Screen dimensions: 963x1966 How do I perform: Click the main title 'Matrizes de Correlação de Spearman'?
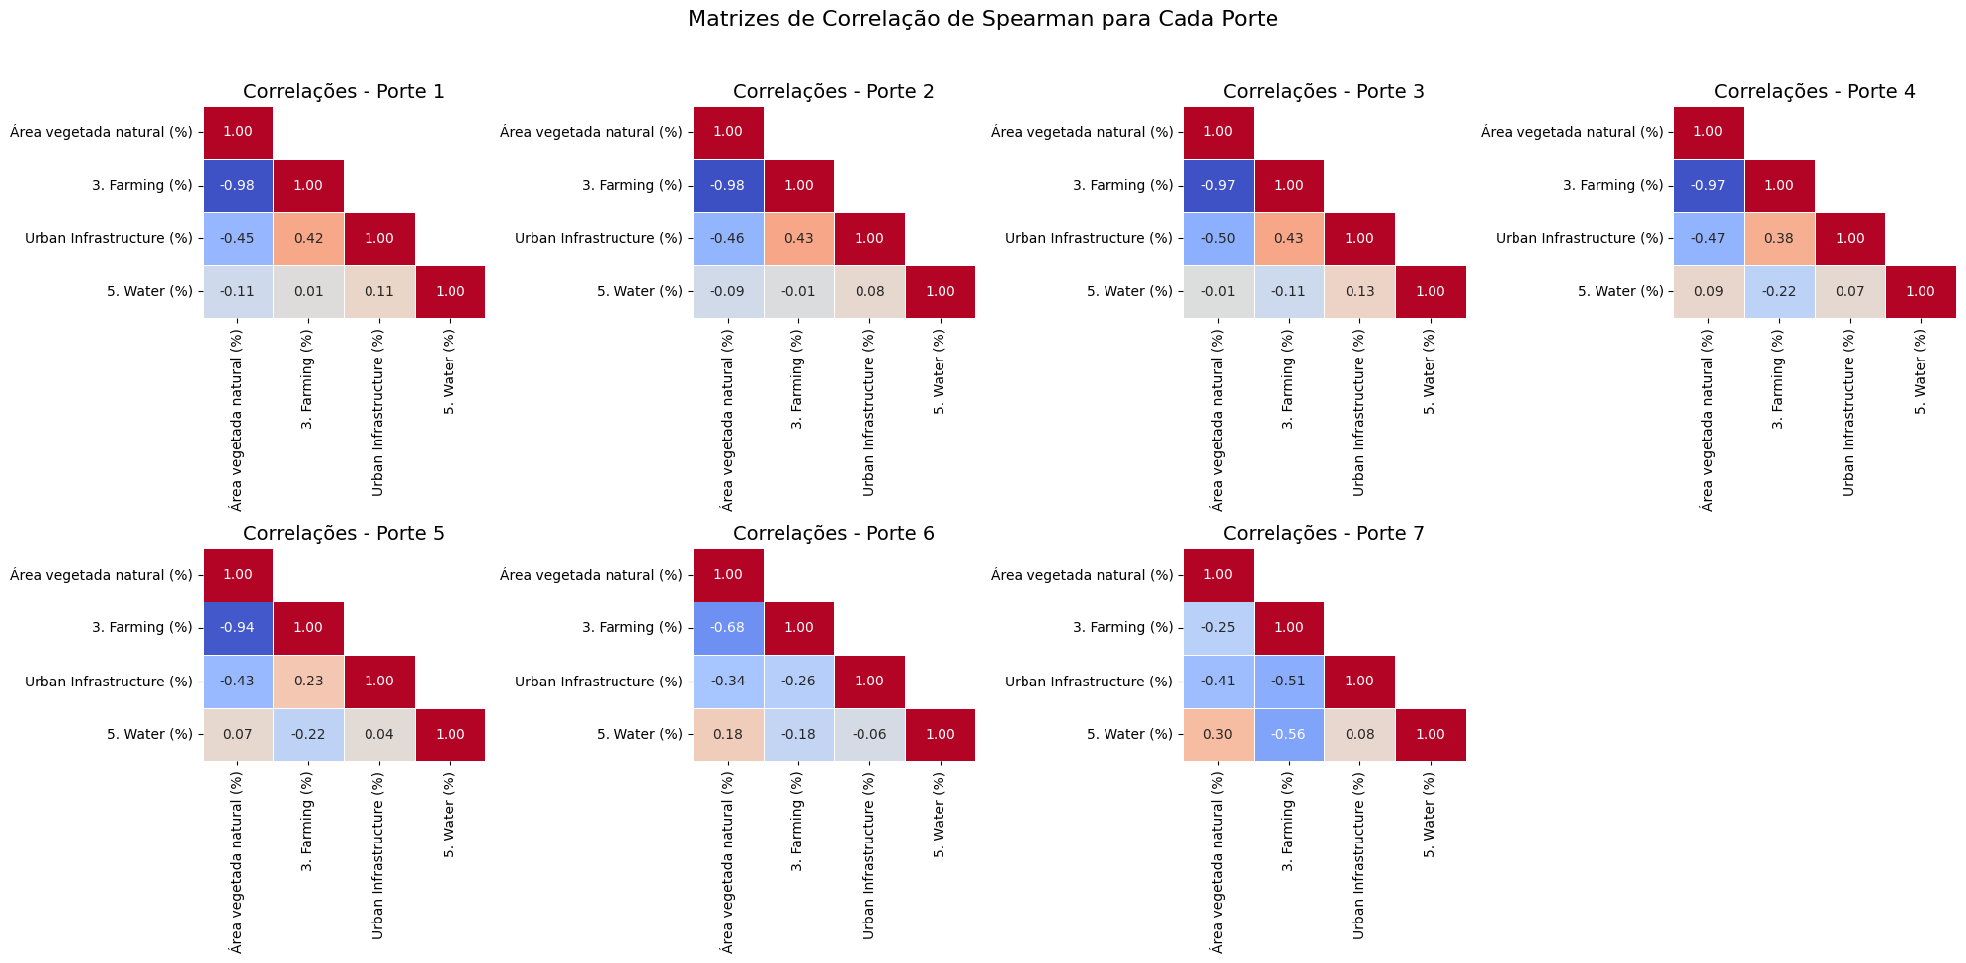(982, 19)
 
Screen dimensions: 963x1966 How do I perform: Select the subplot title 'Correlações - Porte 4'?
(1814, 92)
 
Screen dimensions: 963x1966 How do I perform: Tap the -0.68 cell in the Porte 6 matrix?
(728, 628)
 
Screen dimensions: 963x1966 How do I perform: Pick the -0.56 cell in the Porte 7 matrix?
(1289, 735)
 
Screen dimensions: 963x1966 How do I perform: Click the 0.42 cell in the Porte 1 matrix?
(308, 239)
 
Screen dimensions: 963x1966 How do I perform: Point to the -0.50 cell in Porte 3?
(1218, 239)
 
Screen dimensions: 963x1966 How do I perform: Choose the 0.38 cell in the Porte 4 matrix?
(1778, 239)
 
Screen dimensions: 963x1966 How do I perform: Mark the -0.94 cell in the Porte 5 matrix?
(237, 628)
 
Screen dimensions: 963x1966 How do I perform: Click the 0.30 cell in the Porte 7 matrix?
(1218, 735)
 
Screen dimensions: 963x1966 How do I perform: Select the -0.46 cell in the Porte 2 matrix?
(728, 239)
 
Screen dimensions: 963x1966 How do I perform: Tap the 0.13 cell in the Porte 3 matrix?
(1359, 292)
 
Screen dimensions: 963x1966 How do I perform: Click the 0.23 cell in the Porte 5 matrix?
(308, 682)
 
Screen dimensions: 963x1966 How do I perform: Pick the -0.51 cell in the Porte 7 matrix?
(1289, 682)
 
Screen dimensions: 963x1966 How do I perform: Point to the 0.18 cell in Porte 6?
(728, 735)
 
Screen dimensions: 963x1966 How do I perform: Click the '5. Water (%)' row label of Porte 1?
(149, 292)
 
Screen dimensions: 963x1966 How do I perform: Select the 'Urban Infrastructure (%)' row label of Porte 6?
(599, 682)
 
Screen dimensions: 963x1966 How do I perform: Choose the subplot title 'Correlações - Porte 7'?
(1324, 534)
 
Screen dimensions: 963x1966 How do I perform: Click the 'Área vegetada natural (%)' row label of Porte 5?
(101, 575)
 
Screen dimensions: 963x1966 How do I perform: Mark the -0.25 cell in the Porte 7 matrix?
(1218, 628)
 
